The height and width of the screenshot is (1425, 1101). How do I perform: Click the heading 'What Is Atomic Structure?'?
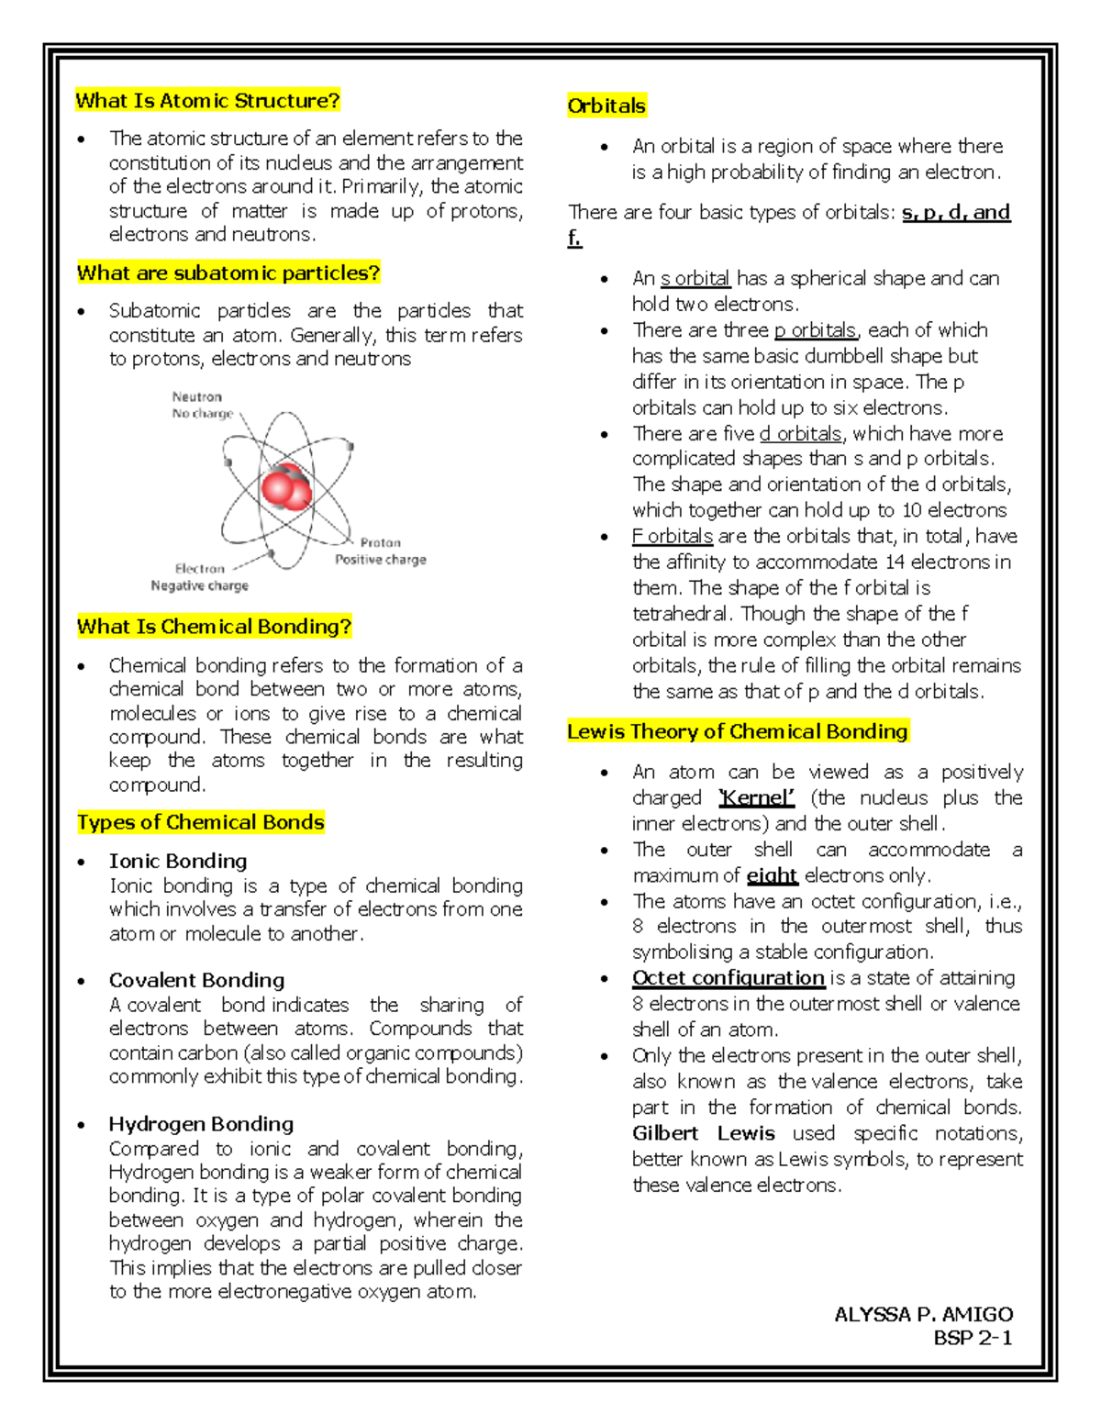(207, 100)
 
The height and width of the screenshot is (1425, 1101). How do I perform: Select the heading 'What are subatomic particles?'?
(228, 273)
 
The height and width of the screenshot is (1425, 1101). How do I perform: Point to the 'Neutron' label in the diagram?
(196, 396)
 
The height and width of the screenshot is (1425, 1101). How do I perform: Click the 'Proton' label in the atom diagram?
(380, 542)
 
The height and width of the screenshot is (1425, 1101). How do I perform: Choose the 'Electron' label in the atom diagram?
(199, 569)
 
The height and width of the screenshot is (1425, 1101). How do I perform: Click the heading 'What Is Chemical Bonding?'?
(214, 627)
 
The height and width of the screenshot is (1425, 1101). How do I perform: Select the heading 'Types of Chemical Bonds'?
(201, 822)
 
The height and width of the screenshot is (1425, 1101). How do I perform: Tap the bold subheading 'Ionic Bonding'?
(178, 861)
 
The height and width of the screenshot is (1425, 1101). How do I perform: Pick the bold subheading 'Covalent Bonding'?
(196, 980)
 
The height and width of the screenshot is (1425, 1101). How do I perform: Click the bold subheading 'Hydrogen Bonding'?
(201, 1124)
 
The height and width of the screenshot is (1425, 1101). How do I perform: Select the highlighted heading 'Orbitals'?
(606, 106)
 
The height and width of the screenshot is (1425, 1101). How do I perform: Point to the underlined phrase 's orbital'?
(695, 278)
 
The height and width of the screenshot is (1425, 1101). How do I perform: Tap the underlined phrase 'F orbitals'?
(673, 536)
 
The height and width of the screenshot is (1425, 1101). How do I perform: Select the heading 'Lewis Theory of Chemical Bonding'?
(738, 731)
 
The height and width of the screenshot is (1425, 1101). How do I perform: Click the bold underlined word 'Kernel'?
(756, 797)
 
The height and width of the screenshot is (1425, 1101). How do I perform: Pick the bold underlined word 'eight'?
(772, 875)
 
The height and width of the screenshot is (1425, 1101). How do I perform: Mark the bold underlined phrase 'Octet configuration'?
(728, 978)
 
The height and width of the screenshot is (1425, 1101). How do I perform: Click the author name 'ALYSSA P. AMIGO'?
(923, 1314)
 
